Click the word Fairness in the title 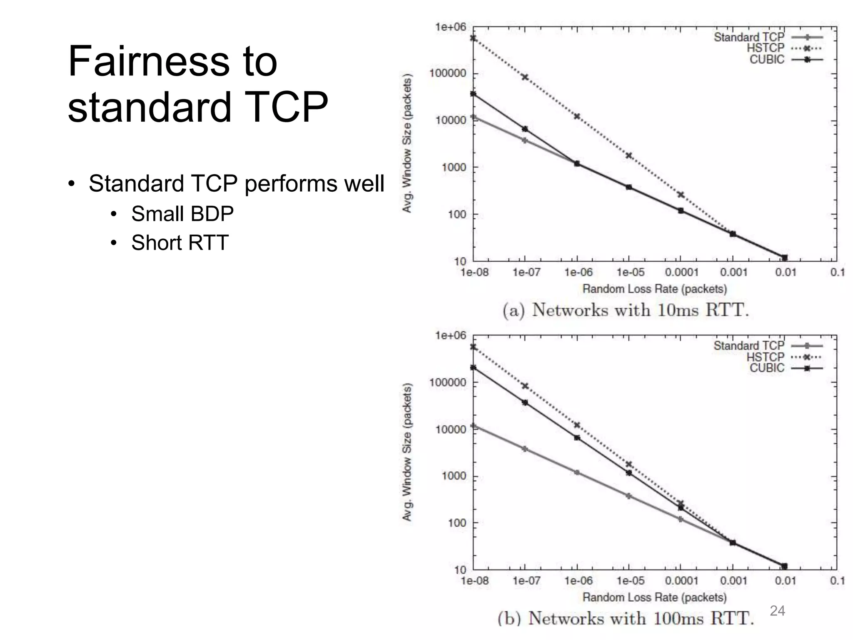point(149,61)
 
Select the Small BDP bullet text point(182,214)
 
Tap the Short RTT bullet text point(180,243)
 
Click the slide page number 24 point(777,610)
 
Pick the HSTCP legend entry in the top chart point(766,48)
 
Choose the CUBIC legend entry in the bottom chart point(767,368)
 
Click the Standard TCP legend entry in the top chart point(749,37)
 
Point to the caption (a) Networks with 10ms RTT point(626,310)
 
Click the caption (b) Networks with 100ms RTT point(626,618)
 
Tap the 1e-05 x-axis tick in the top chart point(630,272)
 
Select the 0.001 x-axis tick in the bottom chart point(733,581)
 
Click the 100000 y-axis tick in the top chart point(448,74)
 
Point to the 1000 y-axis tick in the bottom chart point(454,476)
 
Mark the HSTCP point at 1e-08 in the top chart point(474,38)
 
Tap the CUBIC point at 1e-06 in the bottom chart point(577,437)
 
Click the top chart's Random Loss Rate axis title point(654,289)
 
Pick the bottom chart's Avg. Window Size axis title point(407,452)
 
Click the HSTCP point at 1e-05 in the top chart point(629,156)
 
